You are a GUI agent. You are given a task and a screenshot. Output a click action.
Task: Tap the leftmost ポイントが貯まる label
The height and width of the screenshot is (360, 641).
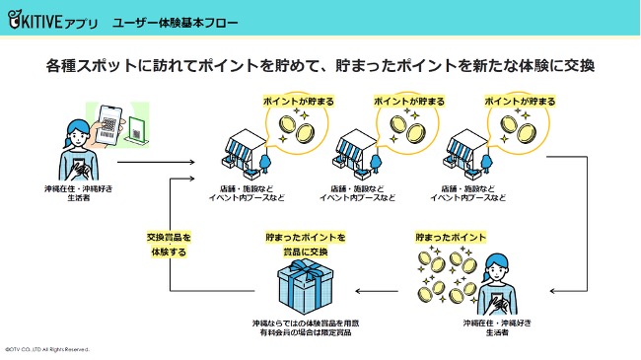click(x=298, y=101)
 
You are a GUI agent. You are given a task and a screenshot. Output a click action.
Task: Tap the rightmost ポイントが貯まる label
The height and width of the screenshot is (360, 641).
click(x=519, y=101)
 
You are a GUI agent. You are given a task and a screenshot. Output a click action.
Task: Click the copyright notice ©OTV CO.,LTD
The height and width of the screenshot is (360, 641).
click(x=46, y=349)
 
